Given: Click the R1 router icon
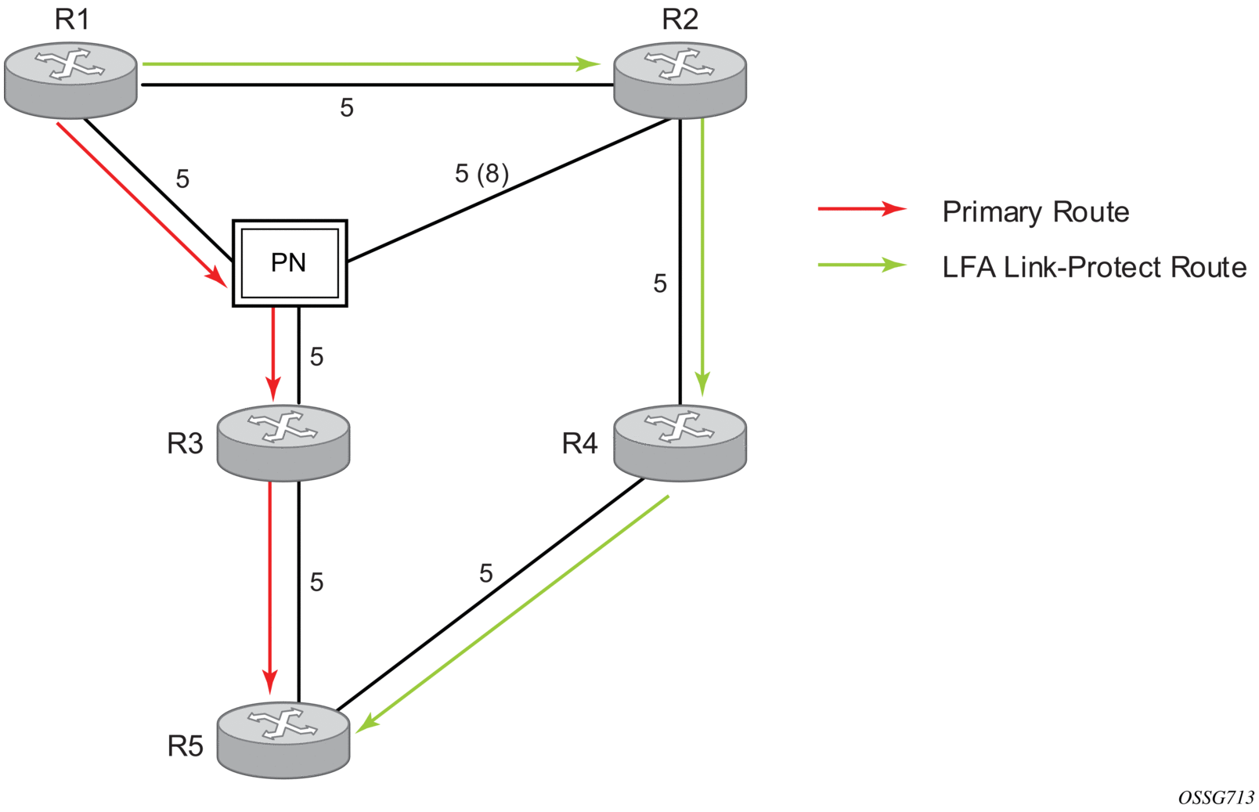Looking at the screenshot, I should pos(70,80).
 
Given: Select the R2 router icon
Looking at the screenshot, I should pos(680,80).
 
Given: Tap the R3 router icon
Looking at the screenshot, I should pos(283,442).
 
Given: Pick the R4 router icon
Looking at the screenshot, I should pos(680,442).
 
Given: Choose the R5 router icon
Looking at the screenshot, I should pos(283,739).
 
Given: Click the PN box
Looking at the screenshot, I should pos(290,263).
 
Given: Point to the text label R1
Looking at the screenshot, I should pos(72,20).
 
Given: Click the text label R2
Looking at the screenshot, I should pos(680,20).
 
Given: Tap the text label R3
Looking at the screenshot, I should pos(185,444).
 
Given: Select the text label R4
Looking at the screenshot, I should pos(579,444).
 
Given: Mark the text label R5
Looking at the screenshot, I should pos(185,747).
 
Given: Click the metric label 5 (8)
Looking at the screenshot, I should pos(482,173).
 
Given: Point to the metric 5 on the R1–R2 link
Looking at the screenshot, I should pos(347,107).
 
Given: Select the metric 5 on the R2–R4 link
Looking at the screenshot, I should pos(660,283).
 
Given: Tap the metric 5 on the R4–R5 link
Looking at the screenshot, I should pos(486,574).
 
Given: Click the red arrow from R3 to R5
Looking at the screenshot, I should pos(270,587).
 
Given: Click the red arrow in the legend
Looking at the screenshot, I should pos(861,209).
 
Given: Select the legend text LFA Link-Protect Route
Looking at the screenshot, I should pos(1094,268).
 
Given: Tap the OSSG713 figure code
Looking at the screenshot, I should pos(1215,798).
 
